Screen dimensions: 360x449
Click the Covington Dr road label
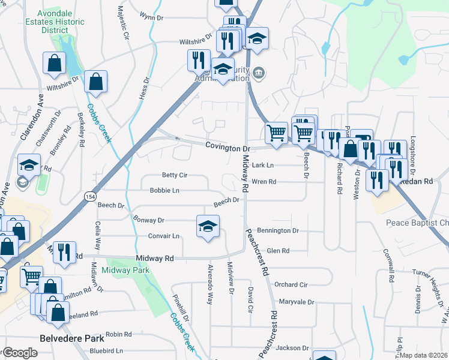227,147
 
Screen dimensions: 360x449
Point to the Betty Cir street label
175,175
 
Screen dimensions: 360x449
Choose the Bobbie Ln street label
164,190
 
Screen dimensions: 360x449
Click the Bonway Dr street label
149,220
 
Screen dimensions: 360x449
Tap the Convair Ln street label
164,236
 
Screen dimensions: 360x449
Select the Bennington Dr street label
278,230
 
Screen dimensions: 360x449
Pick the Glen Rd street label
278,251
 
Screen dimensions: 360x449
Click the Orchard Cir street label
291,284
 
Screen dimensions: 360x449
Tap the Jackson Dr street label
292,347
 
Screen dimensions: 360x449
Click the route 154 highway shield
89,196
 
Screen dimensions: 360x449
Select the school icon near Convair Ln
208,227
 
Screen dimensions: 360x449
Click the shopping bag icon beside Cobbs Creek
95,82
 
